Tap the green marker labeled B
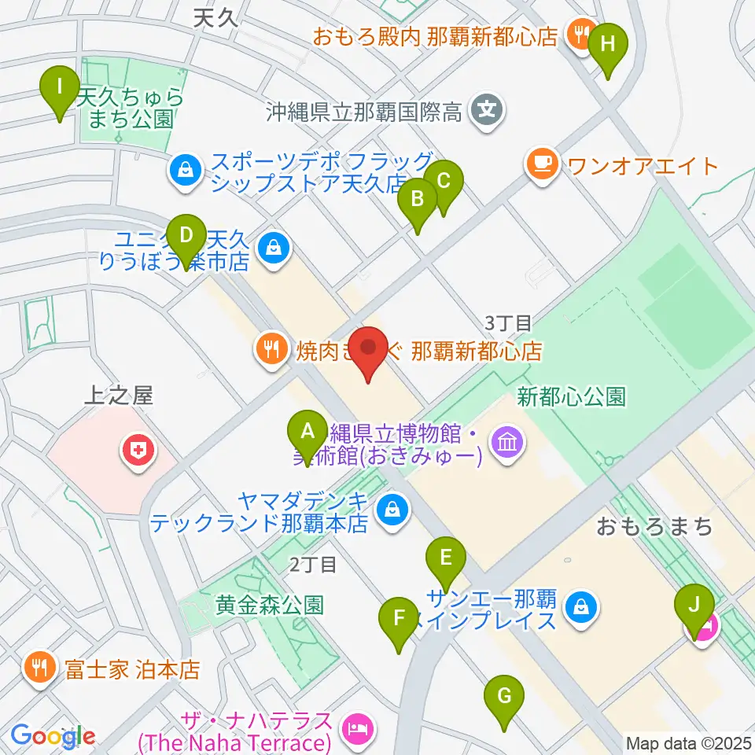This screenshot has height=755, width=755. point(418,199)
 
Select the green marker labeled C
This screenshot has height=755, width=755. point(444,182)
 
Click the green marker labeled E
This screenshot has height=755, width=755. point(446,559)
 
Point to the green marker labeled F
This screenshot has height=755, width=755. point(400,617)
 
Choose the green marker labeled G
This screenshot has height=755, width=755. point(504,696)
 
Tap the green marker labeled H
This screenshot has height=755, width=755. point(608,44)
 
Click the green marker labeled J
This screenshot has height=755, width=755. point(694,606)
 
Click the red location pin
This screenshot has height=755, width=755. point(368,348)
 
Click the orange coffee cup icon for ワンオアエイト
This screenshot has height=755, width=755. point(543,164)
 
